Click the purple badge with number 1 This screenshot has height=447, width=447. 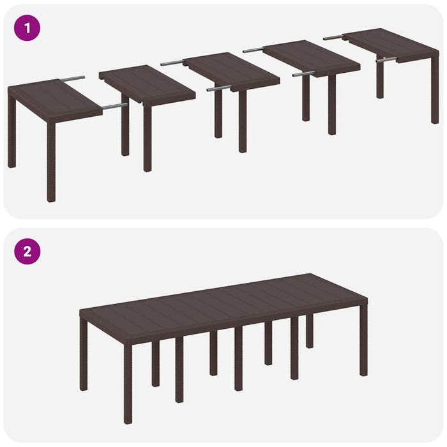[x=27, y=29]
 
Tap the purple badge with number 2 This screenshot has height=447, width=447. [x=27, y=251]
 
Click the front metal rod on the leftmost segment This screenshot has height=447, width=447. [x=115, y=106]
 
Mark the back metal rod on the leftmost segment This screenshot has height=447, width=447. [x=72, y=79]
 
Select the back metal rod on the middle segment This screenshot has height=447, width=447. [x=172, y=63]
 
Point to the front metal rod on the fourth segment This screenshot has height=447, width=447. [x=303, y=74]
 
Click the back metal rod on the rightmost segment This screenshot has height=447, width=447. [x=333, y=38]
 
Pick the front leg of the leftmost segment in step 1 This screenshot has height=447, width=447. [x=51, y=163]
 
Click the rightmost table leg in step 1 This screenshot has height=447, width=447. [x=435, y=89]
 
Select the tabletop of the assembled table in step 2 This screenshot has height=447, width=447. [x=223, y=305]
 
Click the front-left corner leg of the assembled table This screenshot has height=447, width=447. [x=128, y=383]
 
